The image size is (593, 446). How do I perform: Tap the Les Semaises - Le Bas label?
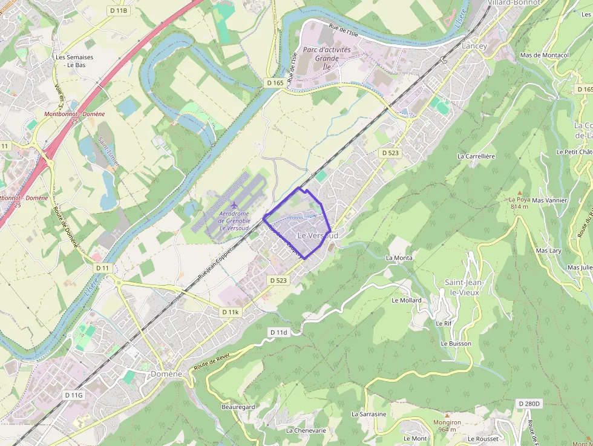point(74,61)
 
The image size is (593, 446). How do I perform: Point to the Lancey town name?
point(474,46)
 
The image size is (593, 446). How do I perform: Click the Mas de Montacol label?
point(545,55)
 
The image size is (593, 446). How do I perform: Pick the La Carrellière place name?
point(476,156)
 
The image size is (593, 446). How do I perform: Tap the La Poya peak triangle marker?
point(519,192)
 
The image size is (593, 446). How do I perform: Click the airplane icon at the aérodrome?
point(235,204)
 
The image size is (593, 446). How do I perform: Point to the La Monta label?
point(399,258)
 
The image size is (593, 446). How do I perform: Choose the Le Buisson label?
point(456,343)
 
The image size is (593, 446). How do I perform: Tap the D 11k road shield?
point(231,312)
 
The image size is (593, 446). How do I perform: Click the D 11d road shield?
point(279,332)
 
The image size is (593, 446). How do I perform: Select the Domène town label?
point(166,374)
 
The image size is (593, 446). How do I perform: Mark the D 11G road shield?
point(73,395)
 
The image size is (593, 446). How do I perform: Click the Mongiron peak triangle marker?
point(447,415)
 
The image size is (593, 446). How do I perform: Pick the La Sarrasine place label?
point(369,414)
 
